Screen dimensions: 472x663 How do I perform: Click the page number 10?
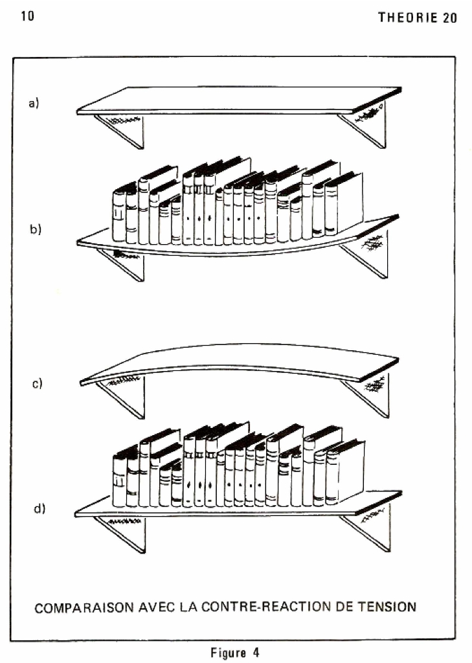27,16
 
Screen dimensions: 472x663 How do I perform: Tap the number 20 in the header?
450,17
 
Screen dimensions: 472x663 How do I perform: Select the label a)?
34,103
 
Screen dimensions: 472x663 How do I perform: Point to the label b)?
35,229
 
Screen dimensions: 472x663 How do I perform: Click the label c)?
37,383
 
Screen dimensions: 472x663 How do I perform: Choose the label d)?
39,508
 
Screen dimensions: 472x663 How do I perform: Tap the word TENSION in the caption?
387,607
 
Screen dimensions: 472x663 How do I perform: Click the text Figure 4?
235,653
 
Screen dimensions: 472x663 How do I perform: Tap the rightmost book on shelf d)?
345,472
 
